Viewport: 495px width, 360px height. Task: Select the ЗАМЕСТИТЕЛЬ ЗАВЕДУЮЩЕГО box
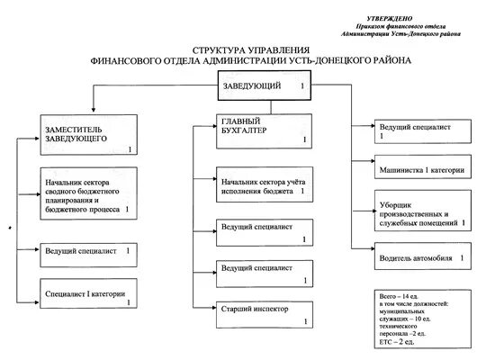[87, 135]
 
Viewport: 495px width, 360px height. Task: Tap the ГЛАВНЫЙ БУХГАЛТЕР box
[265, 130]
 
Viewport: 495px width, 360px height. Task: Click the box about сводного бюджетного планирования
[87, 193]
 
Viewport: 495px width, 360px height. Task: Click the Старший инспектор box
[265, 312]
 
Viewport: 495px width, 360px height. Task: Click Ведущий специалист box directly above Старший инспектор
[265, 272]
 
